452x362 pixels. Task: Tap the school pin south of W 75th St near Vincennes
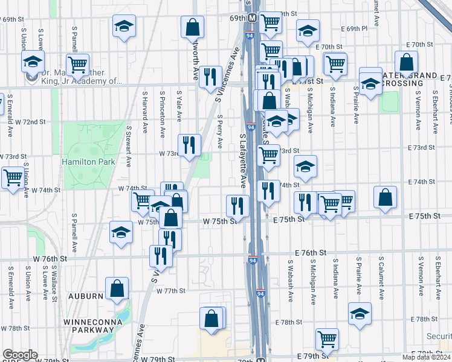pyautogui.click(x=121, y=233)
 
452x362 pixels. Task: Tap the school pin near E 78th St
pyautogui.click(x=360, y=314)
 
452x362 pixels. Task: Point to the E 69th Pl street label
pyautogui.click(x=355, y=28)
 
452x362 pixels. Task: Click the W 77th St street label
pyautogui.click(x=170, y=291)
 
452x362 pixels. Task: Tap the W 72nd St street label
pyautogui.click(x=30, y=122)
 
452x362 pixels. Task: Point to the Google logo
pyautogui.click(x=20, y=355)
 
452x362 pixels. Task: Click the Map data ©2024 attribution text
pyautogui.click(x=426, y=357)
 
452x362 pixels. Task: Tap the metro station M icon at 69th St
pyautogui.click(x=251, y=17)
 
